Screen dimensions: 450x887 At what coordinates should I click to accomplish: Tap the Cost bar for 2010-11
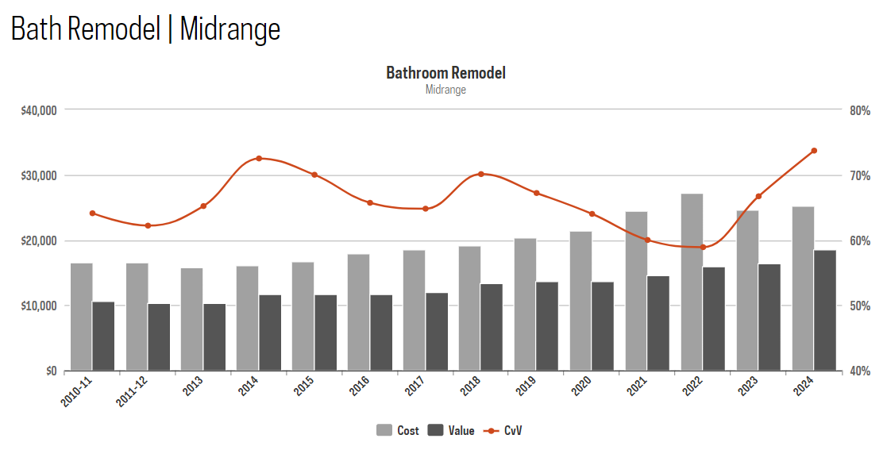[x=82, y=317]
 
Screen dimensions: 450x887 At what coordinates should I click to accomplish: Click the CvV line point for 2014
[x=259, y=159]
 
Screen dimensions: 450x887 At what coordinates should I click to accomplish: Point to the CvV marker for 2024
[x=814, y=151]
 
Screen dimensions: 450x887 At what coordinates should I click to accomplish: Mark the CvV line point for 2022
[x=703, y=248]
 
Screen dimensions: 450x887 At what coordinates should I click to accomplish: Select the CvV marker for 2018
[x=481, y=174]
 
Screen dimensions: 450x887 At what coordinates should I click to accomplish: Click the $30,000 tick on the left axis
[x=38, y=175]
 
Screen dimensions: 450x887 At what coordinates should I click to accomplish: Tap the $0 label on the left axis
[x=49, y=371]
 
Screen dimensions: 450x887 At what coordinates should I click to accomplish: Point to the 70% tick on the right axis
[x=860, y=175]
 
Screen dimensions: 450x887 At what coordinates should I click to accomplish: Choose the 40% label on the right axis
[x=860, y=371]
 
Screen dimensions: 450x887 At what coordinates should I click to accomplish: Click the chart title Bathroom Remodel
[x=445, y=73]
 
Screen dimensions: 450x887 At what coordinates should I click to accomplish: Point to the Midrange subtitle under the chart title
[x=445, y=90]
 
